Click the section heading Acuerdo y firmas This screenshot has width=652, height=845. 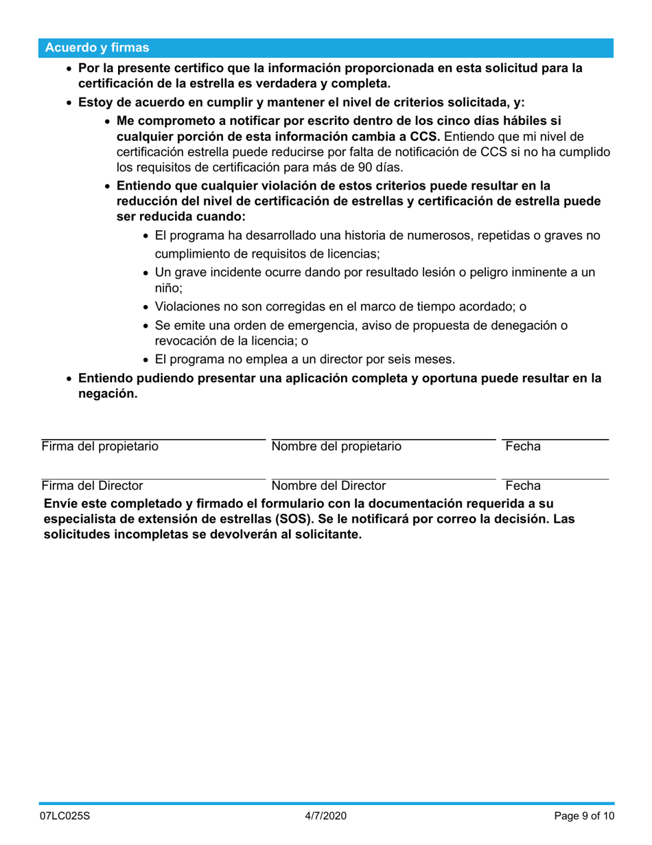click(96, 48)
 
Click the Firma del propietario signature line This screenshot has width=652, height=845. click(153, 438)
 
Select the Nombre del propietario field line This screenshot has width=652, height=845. click(383, 438)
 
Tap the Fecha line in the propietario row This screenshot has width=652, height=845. click(555, 438)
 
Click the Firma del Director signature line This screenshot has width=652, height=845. click(153, 478)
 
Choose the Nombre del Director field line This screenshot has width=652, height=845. click(383, 478)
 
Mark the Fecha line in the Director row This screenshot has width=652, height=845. click(555, 478)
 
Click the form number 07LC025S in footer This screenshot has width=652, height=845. click(64, 817)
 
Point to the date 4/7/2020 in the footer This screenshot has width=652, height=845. click(326, 817)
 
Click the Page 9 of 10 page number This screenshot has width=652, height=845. click(584, 817)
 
